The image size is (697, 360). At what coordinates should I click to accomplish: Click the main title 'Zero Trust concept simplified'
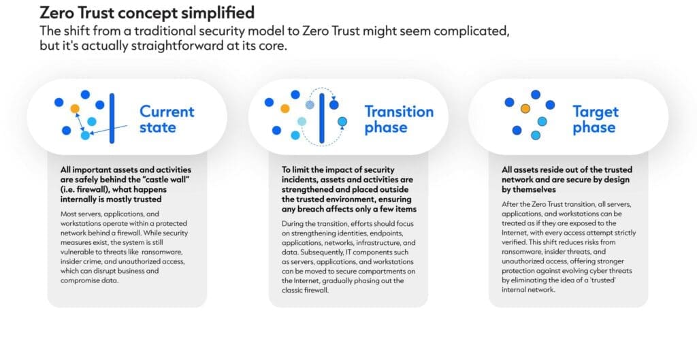pos(147,12)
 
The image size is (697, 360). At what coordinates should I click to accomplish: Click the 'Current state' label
pos(167,119)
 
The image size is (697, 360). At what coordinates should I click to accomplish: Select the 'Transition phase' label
pos(399,119)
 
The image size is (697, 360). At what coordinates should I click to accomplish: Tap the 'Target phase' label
pos(595,119)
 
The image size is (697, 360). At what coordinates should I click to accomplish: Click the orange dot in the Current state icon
pos(75,108)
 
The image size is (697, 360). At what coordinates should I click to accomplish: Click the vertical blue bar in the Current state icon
pos(112,118)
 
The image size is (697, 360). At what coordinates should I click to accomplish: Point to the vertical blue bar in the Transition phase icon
pos(322,118)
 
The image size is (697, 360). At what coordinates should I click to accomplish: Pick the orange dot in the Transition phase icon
pos(285,108)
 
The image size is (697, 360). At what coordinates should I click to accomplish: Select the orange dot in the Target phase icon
pos(525,108)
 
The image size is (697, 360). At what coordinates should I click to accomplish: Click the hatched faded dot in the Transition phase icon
pos(310,105)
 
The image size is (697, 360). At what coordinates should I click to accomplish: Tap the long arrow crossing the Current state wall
pos(108,129)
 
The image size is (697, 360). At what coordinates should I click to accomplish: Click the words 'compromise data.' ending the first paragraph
pos(89,280)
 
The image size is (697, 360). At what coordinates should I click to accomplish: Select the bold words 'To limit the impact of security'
pos(338,169)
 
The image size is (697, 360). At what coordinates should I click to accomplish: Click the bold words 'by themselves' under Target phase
pos(529,189)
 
